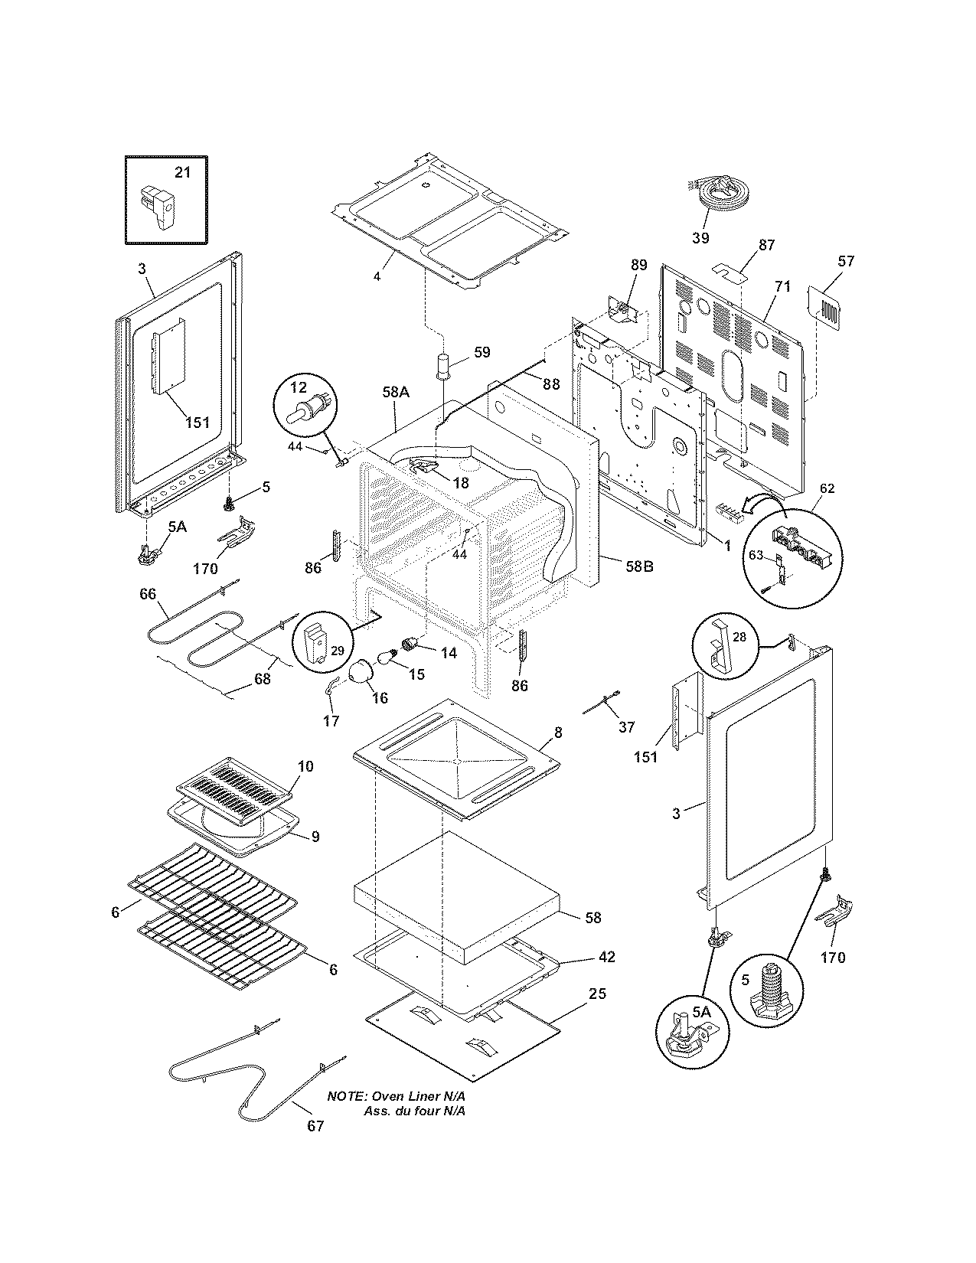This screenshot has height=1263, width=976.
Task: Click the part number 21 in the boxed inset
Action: (182, 172)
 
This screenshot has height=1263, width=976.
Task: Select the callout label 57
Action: (845, 261)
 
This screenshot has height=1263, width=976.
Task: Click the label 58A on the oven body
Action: (396, 392)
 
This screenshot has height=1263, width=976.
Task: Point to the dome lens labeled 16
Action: (360, 675)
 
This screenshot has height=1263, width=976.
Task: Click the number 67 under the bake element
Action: (315, 1126)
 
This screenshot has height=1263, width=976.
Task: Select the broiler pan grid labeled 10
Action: (236, 789)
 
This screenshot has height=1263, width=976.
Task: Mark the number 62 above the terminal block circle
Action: (827, 488)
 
